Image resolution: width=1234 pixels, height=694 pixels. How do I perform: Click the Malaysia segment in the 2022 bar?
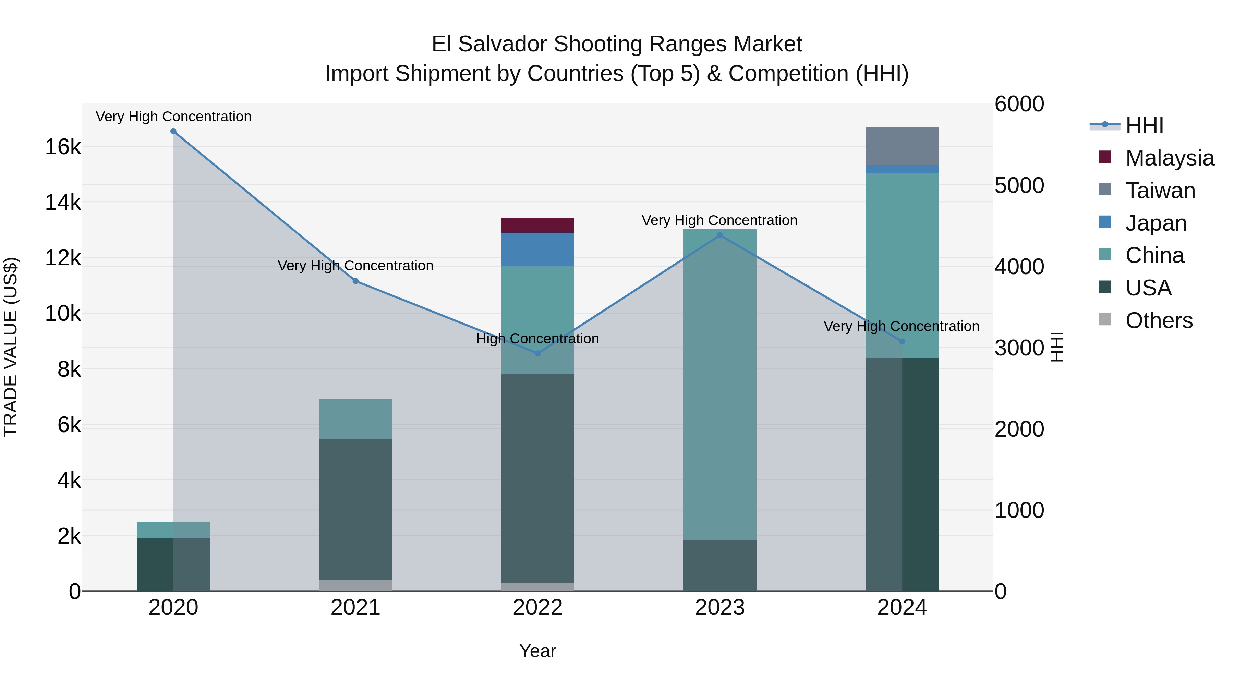[537, 225]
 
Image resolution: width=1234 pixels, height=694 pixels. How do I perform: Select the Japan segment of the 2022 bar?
[537, 249]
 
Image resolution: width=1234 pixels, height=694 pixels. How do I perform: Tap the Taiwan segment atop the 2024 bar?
[902, 146]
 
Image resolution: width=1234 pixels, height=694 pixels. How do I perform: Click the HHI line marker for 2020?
[173, 131]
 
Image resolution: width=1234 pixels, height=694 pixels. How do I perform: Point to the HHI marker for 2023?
[720, 235]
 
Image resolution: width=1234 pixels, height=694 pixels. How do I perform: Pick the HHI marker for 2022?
[537, 353]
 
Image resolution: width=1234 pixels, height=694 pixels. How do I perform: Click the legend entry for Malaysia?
[1169, 158]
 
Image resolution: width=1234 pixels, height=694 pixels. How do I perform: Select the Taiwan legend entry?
[1159, 191]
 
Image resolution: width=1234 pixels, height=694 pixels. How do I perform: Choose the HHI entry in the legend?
[1144, 125]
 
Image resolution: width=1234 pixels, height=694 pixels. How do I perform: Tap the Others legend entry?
[1158, 320]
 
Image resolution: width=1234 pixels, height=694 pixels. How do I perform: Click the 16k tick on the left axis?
[63, 147]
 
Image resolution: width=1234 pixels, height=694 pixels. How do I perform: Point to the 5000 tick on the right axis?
[1019, 185]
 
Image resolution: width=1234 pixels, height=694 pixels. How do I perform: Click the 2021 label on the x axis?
[355, 608]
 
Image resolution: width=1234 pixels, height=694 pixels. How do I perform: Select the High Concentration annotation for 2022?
[537, 339]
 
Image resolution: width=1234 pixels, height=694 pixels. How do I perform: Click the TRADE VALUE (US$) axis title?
[11, 347]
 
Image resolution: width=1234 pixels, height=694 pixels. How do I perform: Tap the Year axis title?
[537, 651]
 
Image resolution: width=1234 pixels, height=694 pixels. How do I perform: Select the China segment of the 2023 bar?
[720, 383]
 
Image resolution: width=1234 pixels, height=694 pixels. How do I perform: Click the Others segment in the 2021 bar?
[355, 585]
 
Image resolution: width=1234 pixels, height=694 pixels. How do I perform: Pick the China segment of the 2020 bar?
[173, 530]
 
